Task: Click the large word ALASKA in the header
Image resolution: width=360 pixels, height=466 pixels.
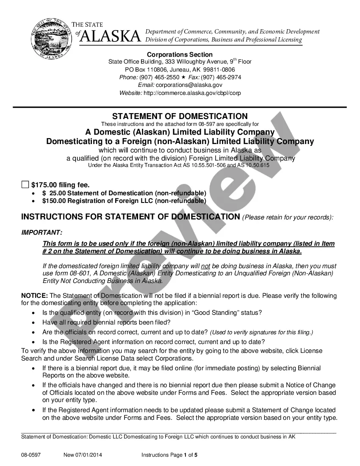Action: click(x=110, y=36)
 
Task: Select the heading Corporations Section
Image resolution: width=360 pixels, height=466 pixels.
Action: click(x=180, y=55)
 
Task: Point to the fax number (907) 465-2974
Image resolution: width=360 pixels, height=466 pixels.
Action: click(x=221, y=78)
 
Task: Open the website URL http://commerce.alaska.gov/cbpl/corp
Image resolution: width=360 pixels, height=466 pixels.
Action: click(x=192, y=93)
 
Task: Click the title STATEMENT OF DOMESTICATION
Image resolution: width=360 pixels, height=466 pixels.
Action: click(x=180, y=116)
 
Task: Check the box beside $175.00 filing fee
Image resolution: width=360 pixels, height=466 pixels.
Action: click(x=25, y=184)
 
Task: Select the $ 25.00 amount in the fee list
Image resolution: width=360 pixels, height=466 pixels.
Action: click(x=52, y=193)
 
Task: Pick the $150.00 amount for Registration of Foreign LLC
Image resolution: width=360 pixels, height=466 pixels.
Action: click(x=54, y=201)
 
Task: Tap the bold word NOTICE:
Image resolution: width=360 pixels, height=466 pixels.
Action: click(x=35, y=296)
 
